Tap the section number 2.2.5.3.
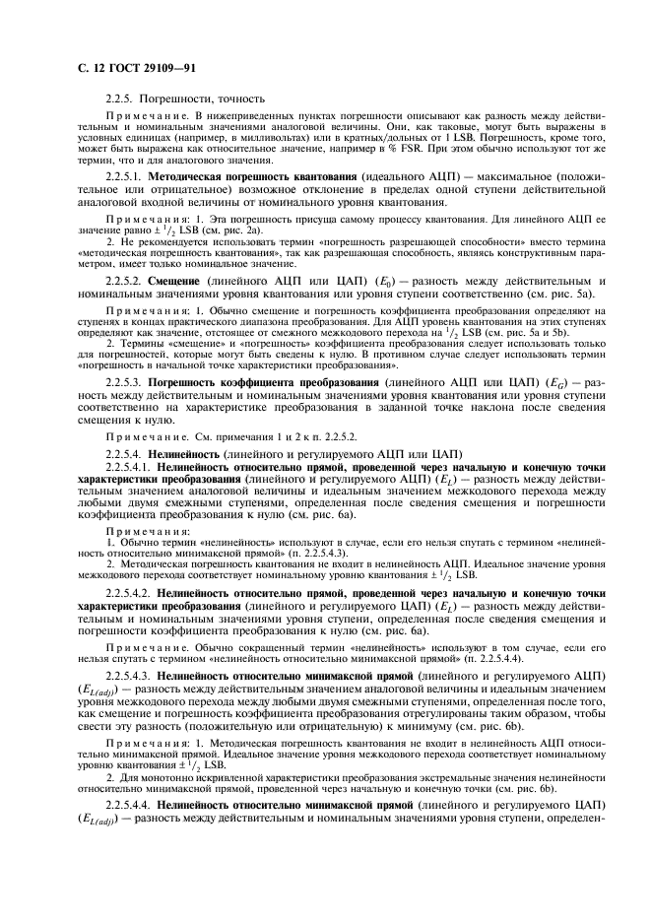tap(123, 378)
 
